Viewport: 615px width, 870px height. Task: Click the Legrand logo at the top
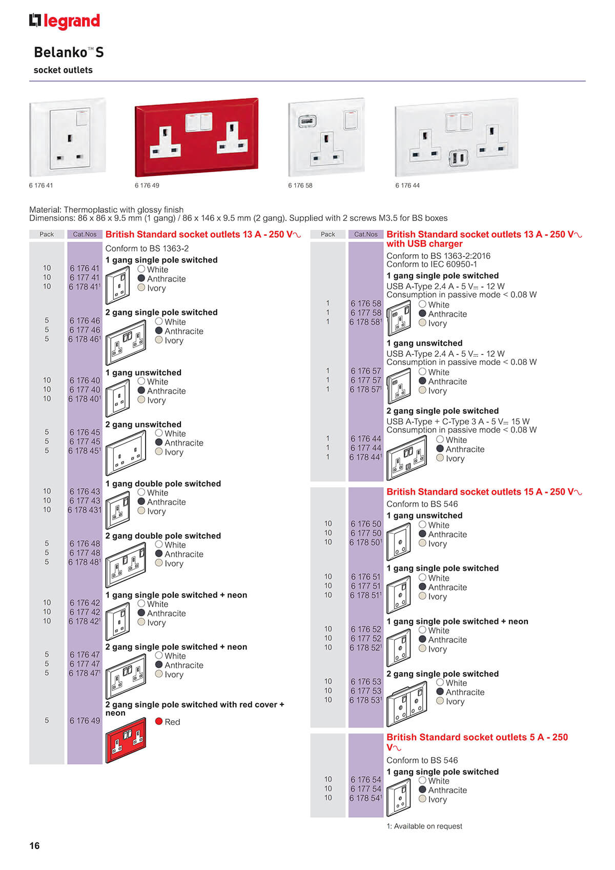[65, 21]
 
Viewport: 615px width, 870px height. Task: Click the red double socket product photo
[196, 137]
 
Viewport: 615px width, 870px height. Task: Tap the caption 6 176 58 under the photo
[300, 186]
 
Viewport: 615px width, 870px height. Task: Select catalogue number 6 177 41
[85, 277]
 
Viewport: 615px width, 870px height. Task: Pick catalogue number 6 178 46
[84, 339]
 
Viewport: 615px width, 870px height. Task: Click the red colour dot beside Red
[158, 721]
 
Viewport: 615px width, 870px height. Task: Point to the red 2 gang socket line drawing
[126, 740]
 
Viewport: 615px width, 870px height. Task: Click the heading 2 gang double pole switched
[163, 536]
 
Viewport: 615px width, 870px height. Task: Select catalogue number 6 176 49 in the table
[85, 720]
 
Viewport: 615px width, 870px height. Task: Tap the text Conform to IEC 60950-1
[432, 264]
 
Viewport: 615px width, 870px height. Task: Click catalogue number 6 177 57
[366, 380]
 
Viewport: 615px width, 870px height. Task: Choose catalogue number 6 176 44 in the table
[366, 438]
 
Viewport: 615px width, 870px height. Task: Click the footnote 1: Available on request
[424, 826]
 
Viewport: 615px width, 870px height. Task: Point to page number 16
[34, 845]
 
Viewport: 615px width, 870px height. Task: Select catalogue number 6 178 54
[365, 798]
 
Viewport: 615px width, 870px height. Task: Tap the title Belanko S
[69, 52]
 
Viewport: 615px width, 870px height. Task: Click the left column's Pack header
[47, 234]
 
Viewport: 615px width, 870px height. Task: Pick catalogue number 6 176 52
[366, 629]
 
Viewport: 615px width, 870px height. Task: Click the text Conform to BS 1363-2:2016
[438, 255]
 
